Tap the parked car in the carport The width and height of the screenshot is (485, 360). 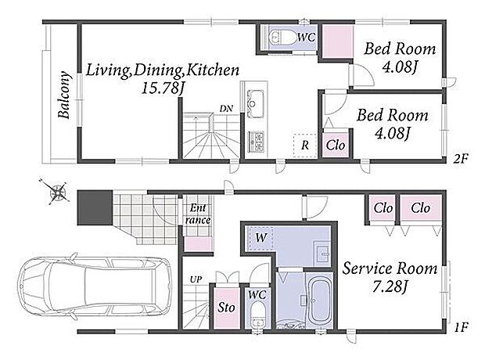pos(95,286)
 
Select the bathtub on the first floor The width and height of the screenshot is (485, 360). pos(318,301)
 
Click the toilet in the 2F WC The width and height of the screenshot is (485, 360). pos(282,38)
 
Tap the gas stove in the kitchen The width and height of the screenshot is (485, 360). pos(256,142)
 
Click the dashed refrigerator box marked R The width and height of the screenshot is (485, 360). pos(305,146)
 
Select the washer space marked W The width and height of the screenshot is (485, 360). pos(259,238)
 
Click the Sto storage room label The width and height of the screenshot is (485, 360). pos(226,308)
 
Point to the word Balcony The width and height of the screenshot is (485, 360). pos(64,95)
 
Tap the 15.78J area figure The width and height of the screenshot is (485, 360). pos(163,88)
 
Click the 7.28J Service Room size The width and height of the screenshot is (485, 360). pos(390,287)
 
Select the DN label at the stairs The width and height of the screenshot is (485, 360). pos(226,109)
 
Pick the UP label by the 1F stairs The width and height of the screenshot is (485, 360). pos(196,280)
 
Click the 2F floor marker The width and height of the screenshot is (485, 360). pos(462,159)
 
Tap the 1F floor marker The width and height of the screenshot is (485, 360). pos(462,327)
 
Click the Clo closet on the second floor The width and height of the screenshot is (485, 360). pos(336,145)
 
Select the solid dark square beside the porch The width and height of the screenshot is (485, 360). pos(95,207)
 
